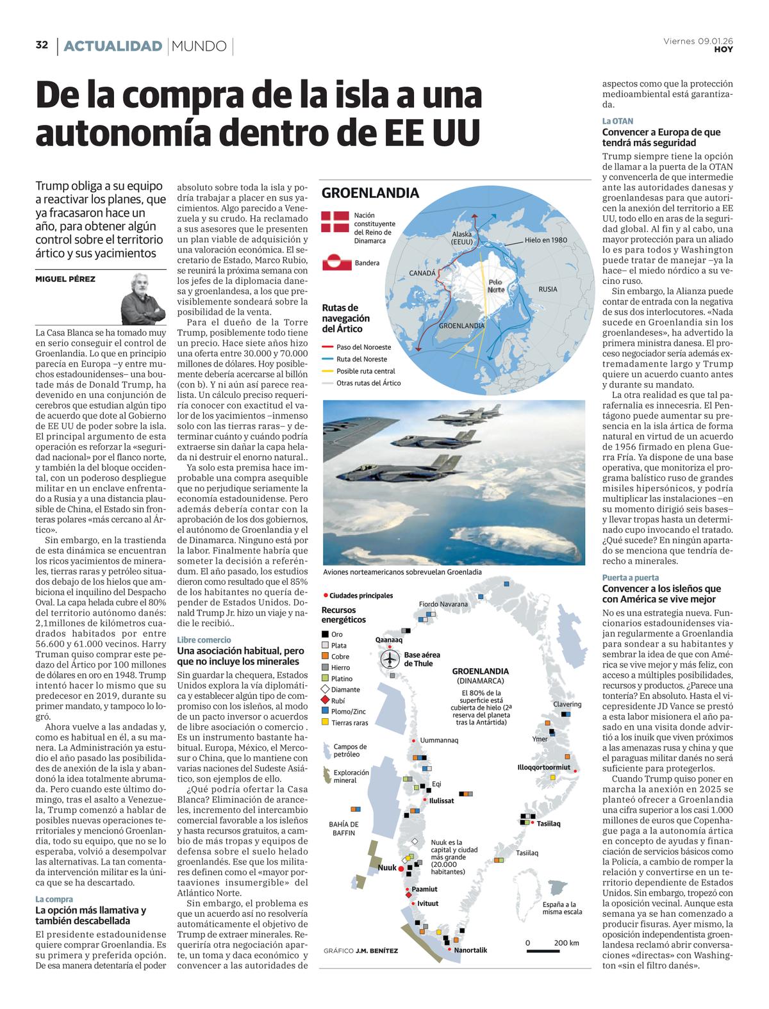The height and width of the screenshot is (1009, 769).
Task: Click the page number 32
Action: click(42, 45)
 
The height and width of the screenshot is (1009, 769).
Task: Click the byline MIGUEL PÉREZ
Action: click(65, 279)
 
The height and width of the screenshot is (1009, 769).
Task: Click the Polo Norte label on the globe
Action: click(496, 286)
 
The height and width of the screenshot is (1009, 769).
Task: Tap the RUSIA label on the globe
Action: click(547, 289)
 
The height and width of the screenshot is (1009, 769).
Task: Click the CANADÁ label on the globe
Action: click(422, 274)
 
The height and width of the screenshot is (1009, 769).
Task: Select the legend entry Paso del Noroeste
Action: click(363, 347)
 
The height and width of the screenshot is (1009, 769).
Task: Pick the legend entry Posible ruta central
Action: click(365, 371)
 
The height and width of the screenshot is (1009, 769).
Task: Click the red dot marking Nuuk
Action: click(401, 869)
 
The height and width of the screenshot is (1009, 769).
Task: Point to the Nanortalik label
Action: click(470, 950)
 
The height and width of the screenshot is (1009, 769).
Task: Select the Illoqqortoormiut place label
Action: click(543, 767)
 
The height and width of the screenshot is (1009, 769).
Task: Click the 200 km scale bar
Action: click(553, 951)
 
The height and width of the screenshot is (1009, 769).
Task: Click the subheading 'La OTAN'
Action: click(617, 120)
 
